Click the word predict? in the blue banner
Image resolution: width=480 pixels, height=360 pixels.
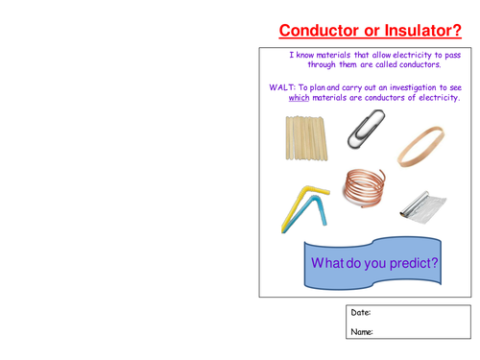point(404,263)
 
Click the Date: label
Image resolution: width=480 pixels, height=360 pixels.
point(360,313)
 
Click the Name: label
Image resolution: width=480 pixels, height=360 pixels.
point(361,332)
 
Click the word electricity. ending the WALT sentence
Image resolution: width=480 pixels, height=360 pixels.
point(436,98)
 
